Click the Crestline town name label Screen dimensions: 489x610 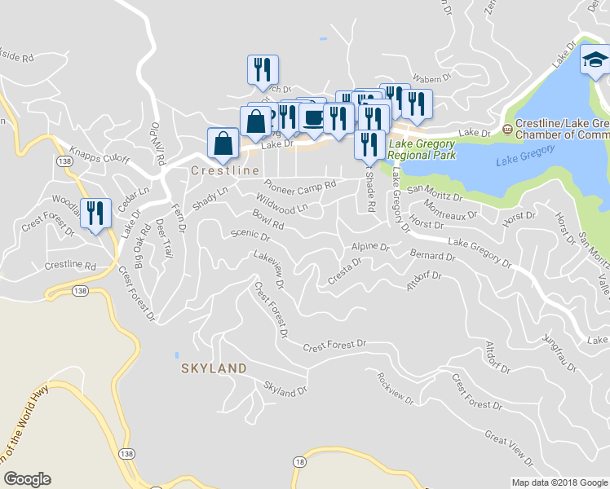225,171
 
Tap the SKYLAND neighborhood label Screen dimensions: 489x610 214,368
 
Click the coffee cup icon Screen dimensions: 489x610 313,118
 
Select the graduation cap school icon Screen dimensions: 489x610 595,59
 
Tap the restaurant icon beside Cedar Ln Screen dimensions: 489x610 95,214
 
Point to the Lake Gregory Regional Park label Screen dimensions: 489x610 422,148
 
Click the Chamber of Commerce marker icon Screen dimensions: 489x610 507,128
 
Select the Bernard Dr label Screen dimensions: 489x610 432,255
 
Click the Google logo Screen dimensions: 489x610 27,479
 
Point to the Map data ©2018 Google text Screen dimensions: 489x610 559,482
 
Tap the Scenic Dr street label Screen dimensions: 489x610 250,236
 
